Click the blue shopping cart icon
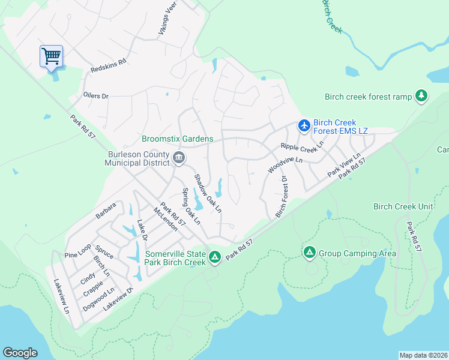coord(52,57)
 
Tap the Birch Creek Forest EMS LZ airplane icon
coord(304,126)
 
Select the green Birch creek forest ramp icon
coord(422,96)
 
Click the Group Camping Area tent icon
coord(309,253)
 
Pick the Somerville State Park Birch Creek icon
coord(214,257)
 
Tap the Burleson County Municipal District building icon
coord(179,158)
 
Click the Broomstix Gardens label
coord(177,139)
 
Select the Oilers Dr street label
coord(95,95)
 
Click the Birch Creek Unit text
coord(403,206)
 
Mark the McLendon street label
coord(165,220)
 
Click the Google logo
coord(20,353)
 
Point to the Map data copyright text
coord(423,355)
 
